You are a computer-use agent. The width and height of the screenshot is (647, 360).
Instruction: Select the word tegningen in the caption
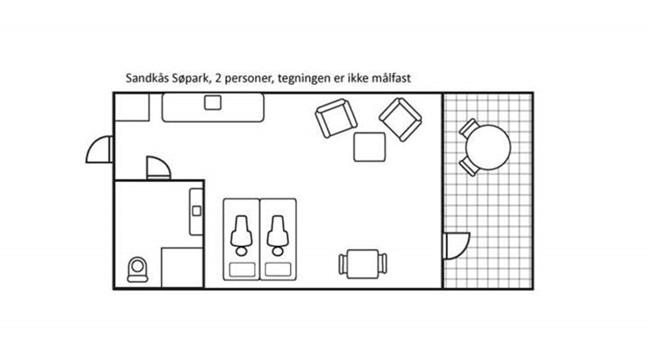tap(304, 79)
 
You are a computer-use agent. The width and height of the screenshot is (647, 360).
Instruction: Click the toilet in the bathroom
tap(137, 270)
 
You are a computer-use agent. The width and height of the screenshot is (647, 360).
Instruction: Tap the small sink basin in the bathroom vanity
tap(197, 211)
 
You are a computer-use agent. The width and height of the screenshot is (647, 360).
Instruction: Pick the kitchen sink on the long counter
tap(213, 102)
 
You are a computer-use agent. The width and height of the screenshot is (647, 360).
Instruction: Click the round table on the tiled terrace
tap(487, 147)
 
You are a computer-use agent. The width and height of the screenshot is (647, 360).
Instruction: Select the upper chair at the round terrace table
tap(469, 128)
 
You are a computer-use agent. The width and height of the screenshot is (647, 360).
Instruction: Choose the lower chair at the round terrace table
tap(469, 166)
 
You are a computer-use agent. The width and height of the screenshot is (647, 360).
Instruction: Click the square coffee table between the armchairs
tap(370, 147)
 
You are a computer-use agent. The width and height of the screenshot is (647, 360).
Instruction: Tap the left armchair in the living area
tap(336, 118)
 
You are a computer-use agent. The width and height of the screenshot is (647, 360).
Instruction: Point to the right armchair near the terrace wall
tap(400, 119)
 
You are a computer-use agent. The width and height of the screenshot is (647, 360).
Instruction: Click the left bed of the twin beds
tap(242, 239)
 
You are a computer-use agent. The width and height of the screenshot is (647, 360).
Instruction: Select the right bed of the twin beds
tap(278, 239)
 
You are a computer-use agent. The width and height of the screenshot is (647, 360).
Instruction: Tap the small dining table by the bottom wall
tap(363, 264)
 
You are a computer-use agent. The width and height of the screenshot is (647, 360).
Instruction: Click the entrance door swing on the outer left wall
tap(99, 149)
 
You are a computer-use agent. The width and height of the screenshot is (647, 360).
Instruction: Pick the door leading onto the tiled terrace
tap(456, 246)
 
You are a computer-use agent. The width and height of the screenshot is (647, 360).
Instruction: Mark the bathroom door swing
tap(158, 168)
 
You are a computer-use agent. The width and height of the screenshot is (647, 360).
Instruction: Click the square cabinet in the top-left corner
tap(132, 107)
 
